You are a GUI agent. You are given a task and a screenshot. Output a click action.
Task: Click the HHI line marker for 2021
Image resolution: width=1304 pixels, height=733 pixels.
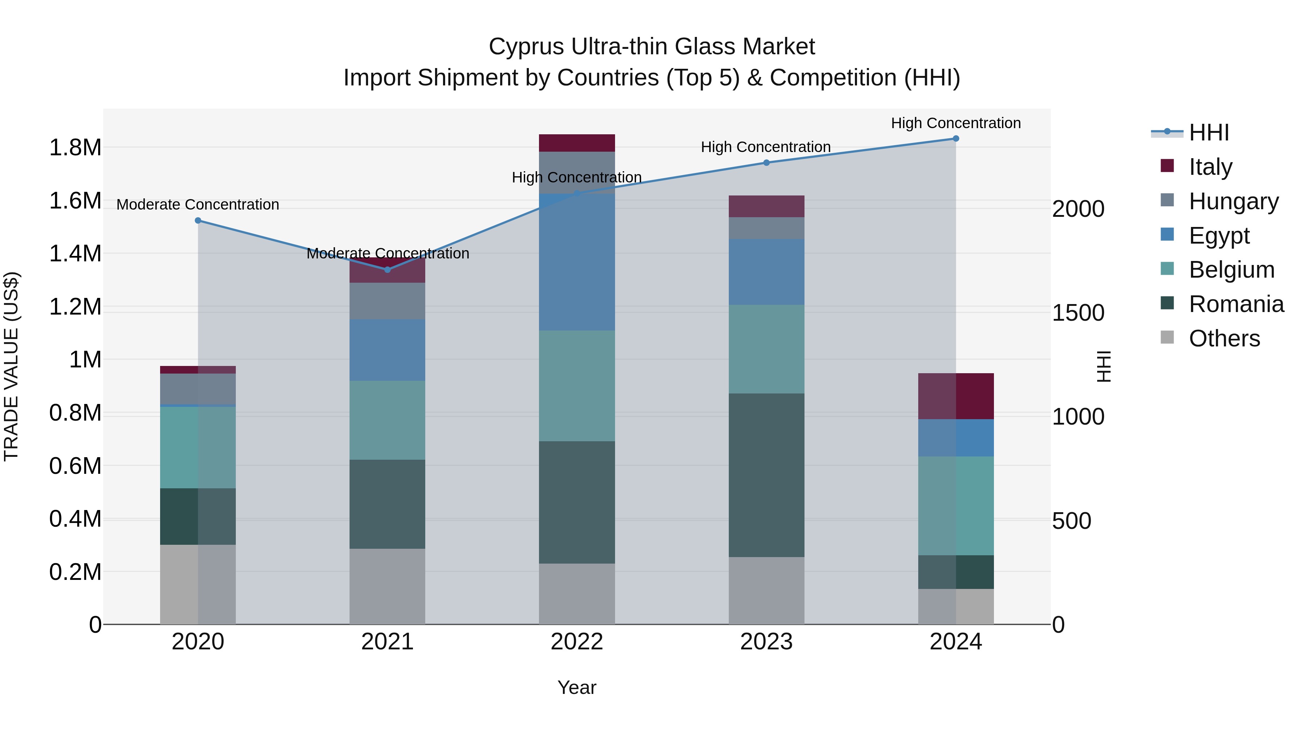coord(387,270)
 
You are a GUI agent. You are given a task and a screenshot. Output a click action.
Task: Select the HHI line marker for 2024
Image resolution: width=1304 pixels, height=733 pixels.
coord(956,139)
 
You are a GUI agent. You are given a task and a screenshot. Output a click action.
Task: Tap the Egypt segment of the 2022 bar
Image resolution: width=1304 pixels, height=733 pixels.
coord(577,262)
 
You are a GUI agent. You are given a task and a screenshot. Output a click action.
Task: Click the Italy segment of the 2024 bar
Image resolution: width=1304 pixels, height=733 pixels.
coord(956,396)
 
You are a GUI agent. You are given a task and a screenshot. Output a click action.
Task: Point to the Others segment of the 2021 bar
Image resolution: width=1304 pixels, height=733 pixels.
coord(387,586)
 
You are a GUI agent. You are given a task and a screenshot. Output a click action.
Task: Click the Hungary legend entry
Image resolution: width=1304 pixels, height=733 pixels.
coord(1233,201)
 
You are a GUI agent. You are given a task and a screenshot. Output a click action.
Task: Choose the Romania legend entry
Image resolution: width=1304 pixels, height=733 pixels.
coord(1236,304)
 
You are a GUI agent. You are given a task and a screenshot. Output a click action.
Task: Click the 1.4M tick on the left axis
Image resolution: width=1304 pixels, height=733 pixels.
coord(75,253)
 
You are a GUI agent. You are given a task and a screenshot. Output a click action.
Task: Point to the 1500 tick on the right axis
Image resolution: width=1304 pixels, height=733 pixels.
coord(1078,313)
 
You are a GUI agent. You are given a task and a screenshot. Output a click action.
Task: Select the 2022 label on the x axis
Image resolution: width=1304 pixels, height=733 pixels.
coord(577,642)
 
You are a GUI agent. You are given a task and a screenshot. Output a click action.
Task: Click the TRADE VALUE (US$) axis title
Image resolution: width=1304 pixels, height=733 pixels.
coord(11,366)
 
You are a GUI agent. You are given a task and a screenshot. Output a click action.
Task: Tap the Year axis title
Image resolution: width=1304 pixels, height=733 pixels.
coord(577,687)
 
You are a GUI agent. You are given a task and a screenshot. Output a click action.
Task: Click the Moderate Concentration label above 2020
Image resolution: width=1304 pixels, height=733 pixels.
coord(198,205)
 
